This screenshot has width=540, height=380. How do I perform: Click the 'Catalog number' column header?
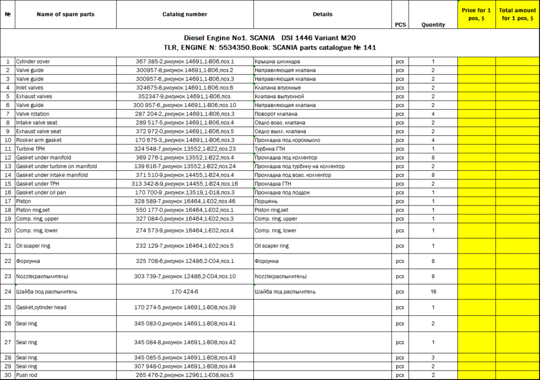185,14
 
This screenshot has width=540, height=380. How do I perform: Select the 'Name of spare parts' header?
65,14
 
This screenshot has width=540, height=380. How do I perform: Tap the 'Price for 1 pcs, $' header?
477,14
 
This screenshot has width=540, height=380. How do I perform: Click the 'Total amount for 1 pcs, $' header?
517,14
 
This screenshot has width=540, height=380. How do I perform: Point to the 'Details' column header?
322,14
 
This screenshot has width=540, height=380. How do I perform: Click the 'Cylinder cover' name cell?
33,61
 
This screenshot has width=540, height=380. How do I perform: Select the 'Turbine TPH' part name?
31,149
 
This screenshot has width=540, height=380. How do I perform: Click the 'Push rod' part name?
27,375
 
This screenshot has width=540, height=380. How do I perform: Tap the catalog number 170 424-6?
185,291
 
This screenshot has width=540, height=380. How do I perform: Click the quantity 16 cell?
433,291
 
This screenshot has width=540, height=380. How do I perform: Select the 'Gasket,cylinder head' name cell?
41,307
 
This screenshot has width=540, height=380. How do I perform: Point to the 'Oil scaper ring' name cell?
33,246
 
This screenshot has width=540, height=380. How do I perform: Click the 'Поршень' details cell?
267,201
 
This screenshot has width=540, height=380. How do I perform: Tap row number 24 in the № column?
8,291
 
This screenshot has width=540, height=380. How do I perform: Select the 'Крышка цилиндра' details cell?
277,61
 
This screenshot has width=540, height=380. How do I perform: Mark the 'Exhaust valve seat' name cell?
38,131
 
